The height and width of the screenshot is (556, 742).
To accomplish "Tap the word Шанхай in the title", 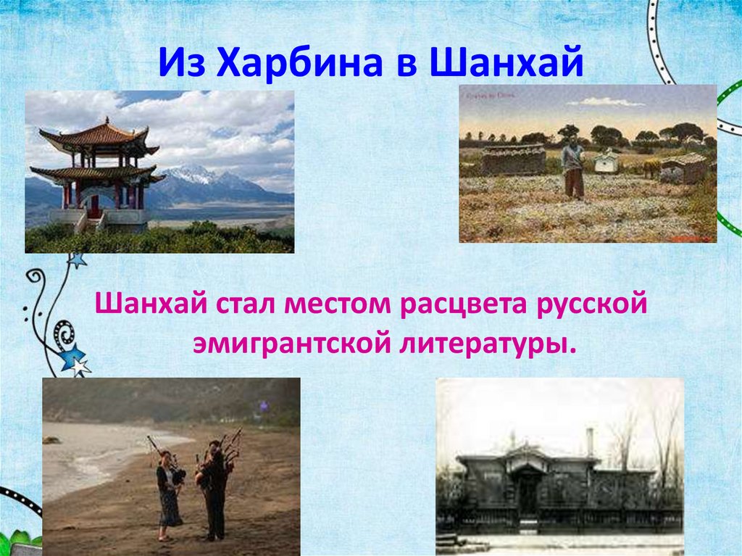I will click(x=506, y=62).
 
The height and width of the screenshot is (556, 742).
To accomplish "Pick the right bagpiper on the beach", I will click(x=215, y=486).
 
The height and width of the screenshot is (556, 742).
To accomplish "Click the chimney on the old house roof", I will click(x=589, y=441).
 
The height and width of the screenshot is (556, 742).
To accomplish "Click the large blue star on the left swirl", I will click(x=73, y=357).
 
